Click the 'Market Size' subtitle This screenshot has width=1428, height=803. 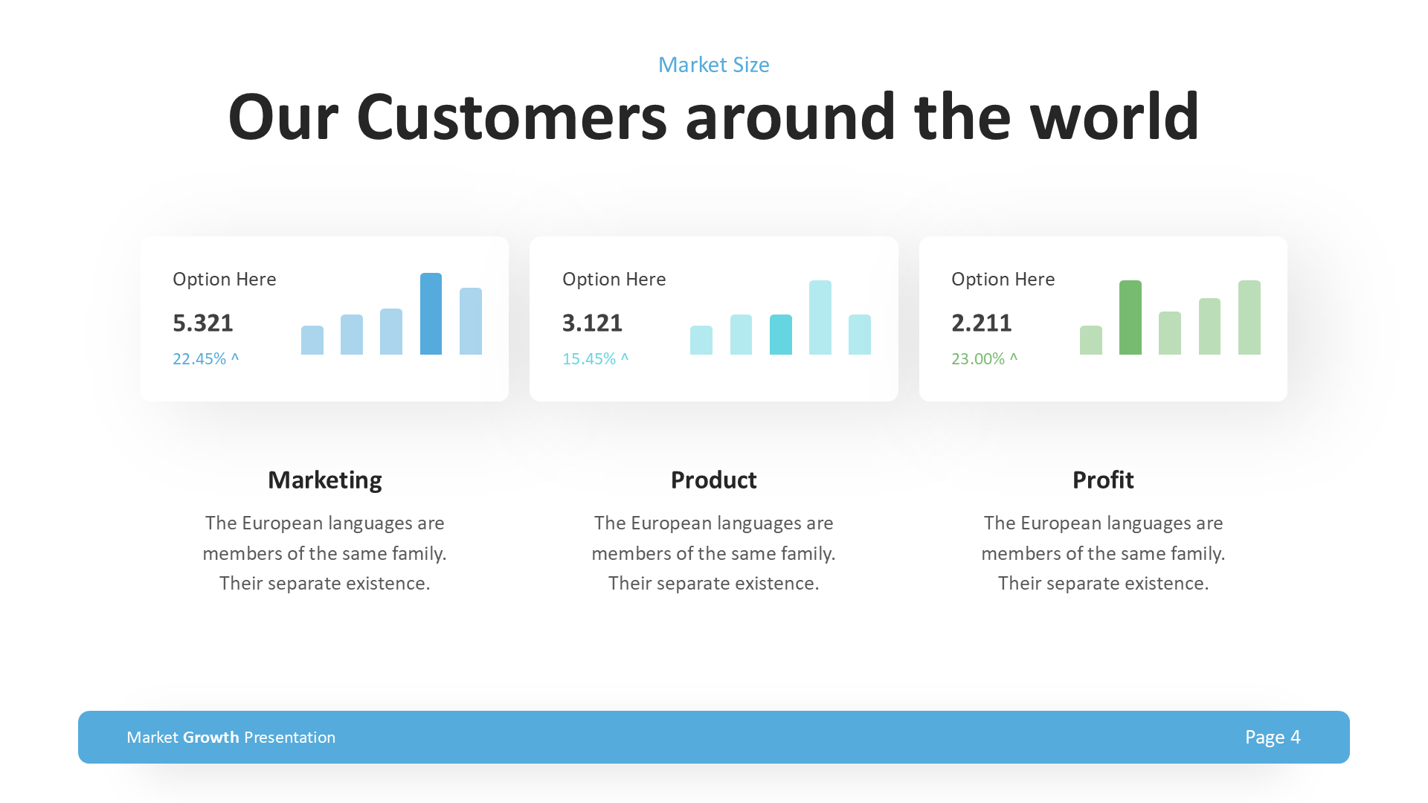[x=713, y=65]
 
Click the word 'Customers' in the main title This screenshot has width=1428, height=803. [x=512, y=117]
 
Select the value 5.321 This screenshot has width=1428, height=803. [x=203, y=323]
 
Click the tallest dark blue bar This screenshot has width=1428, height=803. [x=431, y=314]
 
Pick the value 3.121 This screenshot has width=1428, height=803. [x=592, y=323]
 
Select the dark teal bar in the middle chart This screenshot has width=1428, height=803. [x=780, y=335]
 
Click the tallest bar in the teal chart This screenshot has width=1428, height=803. [x=820, y=317]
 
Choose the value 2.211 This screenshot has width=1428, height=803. [x=981, y=323]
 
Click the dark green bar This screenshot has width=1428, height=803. [x=1130, y=317]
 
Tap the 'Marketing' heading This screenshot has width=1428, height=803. [x=324, y=480]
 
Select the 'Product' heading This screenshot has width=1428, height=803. [x=713, y=480]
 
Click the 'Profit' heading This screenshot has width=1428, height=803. [x=1102, y=480]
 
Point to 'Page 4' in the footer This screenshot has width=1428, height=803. [x=1272, y=737]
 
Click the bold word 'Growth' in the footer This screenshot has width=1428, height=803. [x=211, y=737]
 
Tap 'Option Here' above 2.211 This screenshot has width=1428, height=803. [x=1003, y=279]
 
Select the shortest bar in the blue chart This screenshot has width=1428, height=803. [x=312, y=340]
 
